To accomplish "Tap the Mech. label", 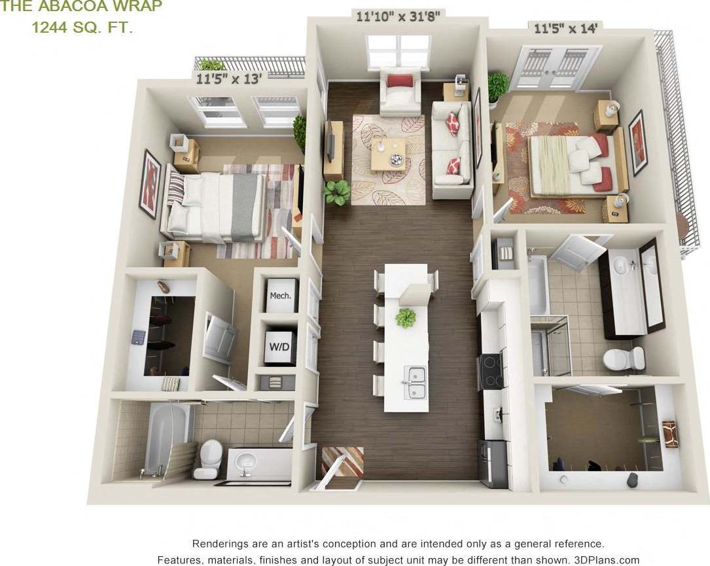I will click(280, 295).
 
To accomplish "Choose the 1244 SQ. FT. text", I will click(82, 27).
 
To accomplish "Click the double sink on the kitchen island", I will click(416, 383).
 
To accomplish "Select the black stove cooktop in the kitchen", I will click(490, 371).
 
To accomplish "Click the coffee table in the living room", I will click(388, 154).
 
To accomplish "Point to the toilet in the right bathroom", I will click(624, 358).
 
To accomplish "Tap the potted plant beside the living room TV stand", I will click(338, 192).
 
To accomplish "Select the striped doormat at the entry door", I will click(342, 461).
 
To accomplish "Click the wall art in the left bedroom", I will click(150, 183).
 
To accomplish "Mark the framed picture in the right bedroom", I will click(637, 142).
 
